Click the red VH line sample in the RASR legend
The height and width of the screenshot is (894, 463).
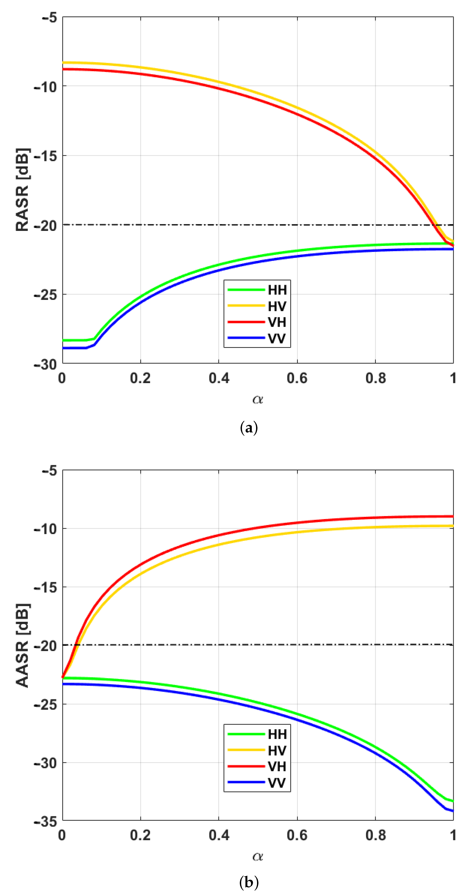coord(246,322)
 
